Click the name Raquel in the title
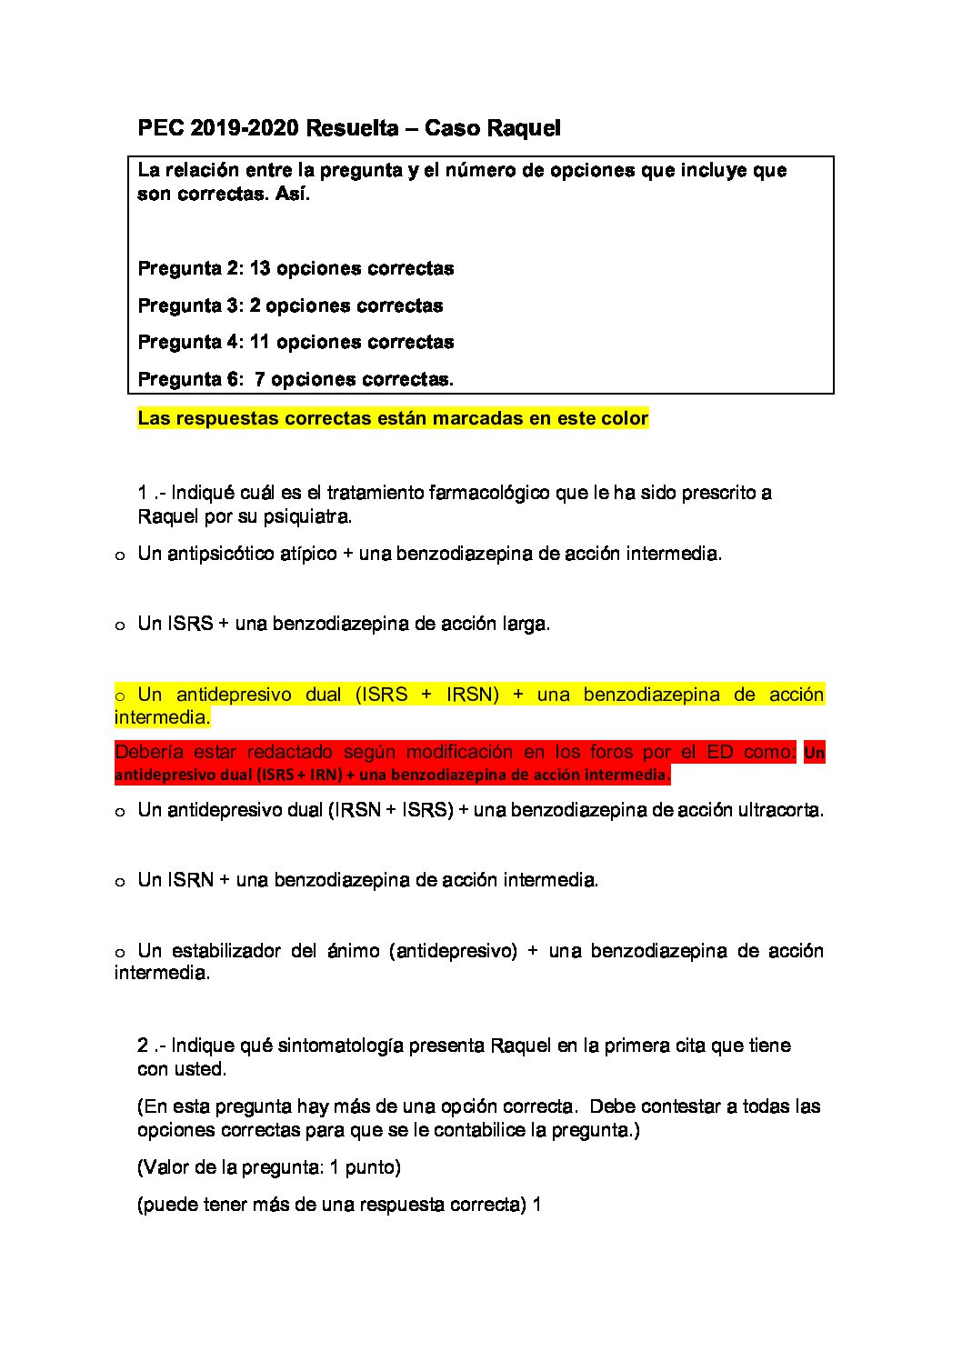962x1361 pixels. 525,128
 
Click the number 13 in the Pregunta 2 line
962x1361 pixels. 260,268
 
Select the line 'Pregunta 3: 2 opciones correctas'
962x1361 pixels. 290,305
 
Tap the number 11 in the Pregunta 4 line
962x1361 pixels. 260,342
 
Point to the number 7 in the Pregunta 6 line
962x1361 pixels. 260,379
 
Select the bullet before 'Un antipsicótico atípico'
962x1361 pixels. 119,555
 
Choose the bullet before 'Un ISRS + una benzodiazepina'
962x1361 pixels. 119,626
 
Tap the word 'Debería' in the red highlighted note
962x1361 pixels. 148,752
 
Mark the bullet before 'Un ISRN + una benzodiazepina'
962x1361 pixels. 119,883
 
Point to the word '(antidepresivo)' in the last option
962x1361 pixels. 453,951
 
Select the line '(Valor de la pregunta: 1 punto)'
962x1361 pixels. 269,1167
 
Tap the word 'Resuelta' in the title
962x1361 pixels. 351,128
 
